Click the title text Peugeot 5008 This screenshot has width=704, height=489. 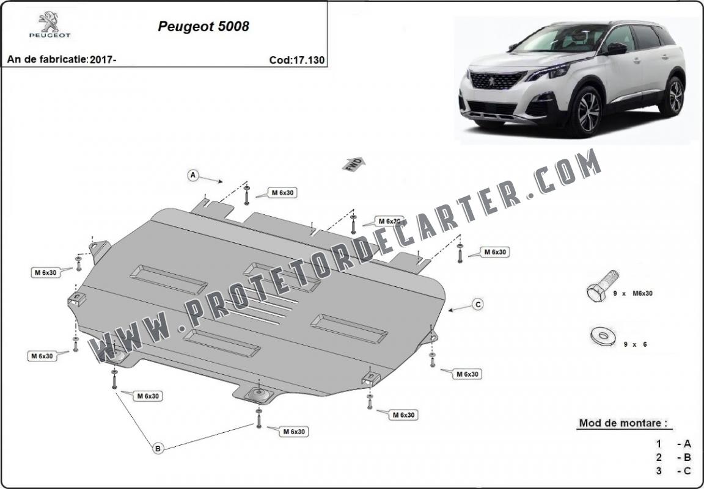[204, 26]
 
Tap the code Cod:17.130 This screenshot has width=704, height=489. [297, 60]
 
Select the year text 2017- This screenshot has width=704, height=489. [103, 59]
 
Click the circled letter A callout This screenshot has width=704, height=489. [193, 175]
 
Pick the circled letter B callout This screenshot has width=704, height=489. [158, 447]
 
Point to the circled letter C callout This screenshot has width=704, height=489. [478, 305]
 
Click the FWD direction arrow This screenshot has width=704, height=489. [354, 164]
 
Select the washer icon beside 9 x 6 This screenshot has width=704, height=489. [603, 336]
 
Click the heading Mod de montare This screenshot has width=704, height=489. [623, 422]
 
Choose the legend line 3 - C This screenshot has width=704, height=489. [673, 471]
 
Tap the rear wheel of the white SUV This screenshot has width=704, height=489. [672, 96]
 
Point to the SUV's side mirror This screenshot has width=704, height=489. [616, 48]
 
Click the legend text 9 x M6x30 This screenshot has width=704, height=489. [632, 294]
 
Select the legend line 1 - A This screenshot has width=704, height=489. [673, 444]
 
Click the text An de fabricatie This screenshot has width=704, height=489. [47, 59]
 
